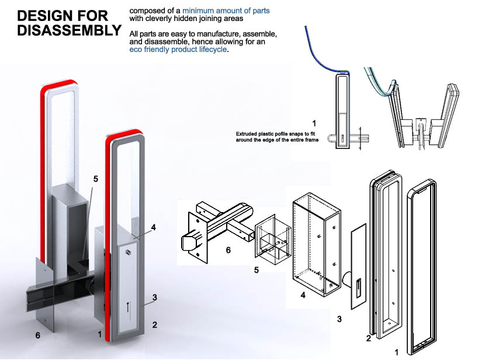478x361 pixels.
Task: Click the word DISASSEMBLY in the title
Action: pyautogui.click(x=65, y=30)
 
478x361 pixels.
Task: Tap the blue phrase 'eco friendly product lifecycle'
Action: pyautogui.click(x=178, y=50)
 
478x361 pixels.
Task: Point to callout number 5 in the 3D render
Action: pyautogui.click(x=95, y=179)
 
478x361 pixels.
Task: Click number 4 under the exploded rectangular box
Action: pyautogui.click(x=303, y=295)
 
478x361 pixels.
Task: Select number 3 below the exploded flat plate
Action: pyautogui.click(x=340, y=319)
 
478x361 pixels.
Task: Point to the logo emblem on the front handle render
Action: pyautogui.click(x=128, y=252)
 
